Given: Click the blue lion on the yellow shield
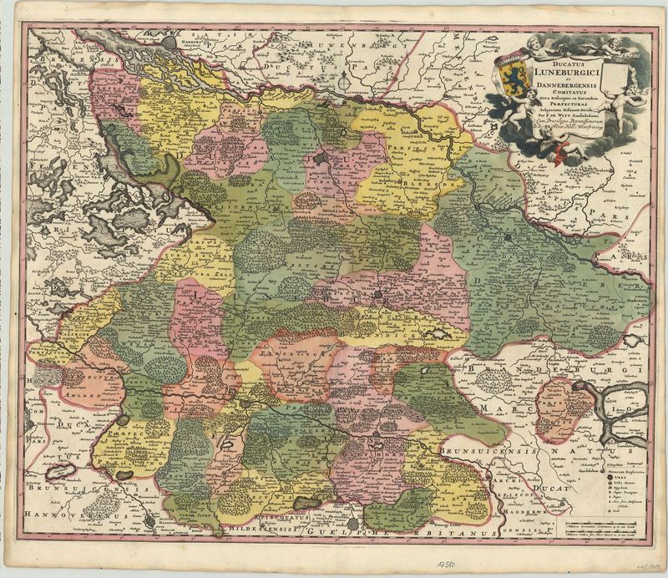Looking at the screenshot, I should pyautogui.click(x=512, y=78).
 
